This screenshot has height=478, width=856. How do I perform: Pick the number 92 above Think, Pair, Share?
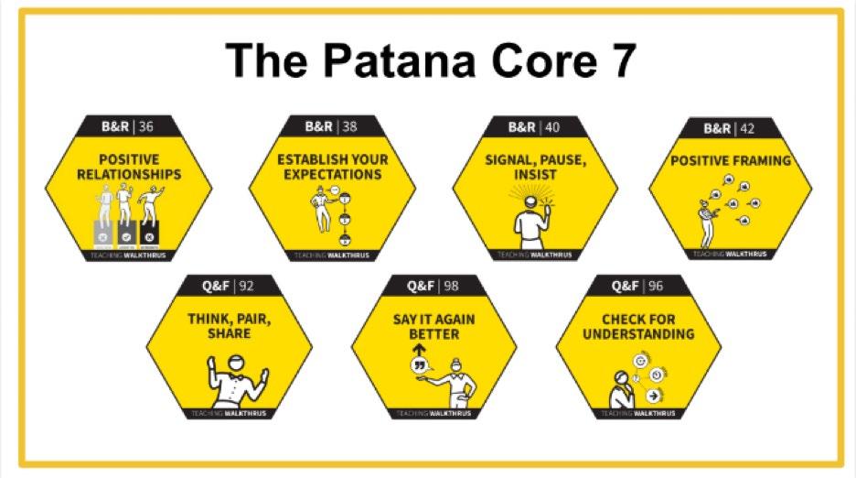246,286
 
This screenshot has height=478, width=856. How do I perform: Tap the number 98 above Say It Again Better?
451,286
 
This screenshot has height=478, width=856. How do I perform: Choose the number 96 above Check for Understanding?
656,286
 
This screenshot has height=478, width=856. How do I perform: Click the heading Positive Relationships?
129,167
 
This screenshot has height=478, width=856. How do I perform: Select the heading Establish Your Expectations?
332,167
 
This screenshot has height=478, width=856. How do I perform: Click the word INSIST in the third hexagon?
535,175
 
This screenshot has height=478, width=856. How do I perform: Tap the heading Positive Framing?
731,161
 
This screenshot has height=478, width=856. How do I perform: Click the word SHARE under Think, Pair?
229,333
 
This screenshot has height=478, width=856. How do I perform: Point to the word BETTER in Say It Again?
433,333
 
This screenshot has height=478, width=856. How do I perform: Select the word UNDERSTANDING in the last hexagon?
637,333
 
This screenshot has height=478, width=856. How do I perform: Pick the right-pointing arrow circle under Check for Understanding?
654,396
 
